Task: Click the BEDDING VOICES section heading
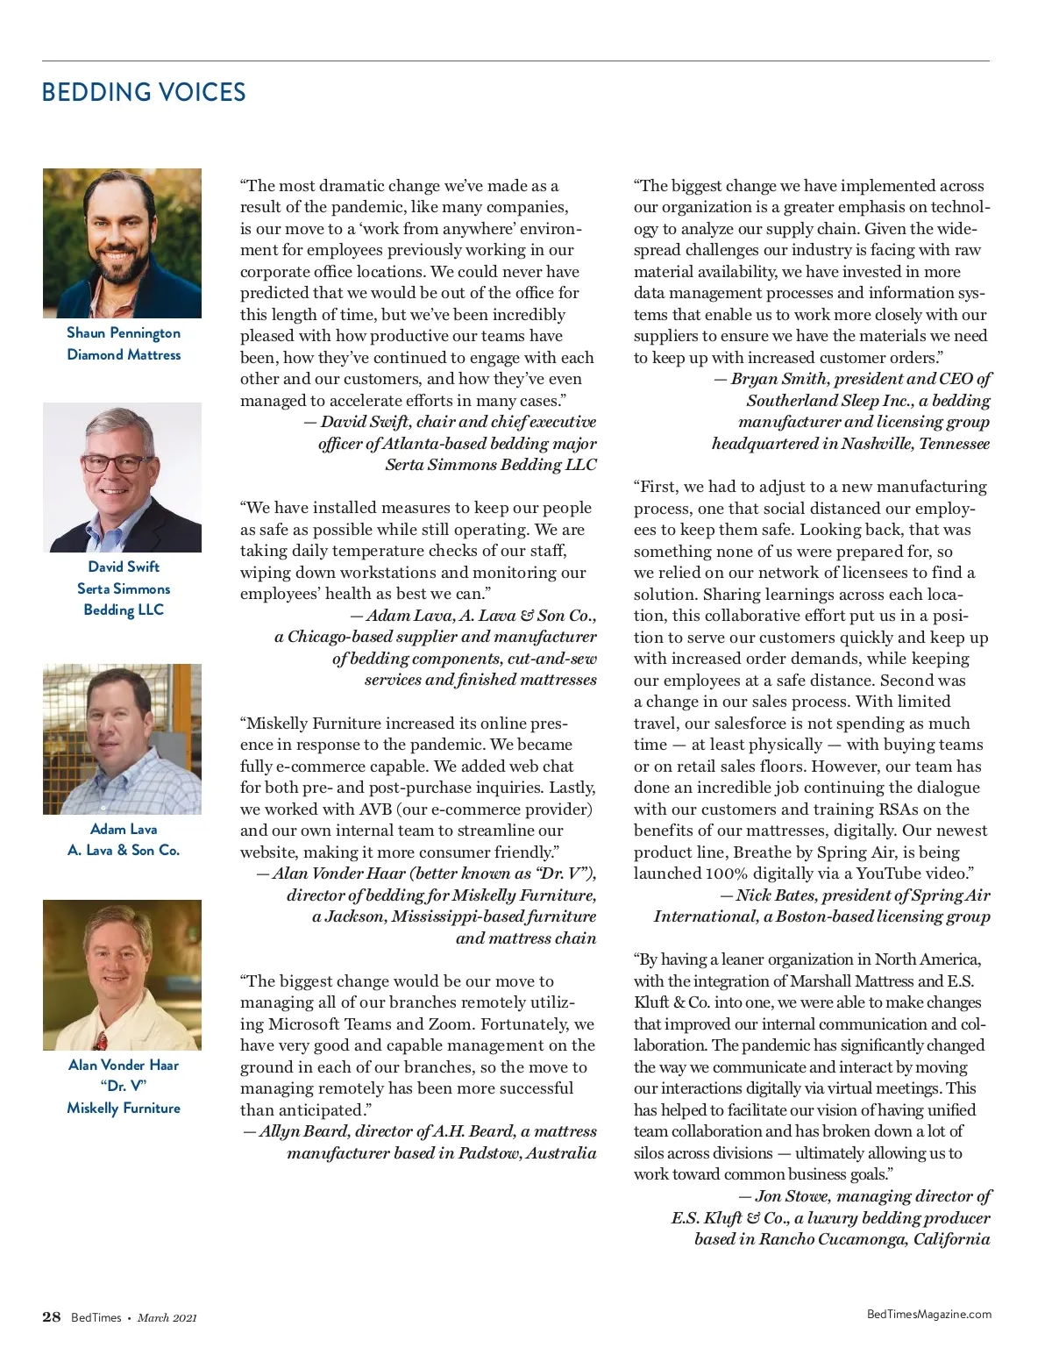tap(144, 92)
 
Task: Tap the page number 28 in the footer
tap(52, 1316)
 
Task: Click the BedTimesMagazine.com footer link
tap(928, 1314)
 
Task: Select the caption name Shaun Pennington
tap(124, 332)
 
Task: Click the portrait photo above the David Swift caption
tap(122, 477)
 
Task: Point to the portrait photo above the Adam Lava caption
tap(122, 738)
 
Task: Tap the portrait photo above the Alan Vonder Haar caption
tap(122, 974)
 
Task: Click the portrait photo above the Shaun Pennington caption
tap(122, 243)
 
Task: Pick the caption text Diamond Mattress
tap(124, 354)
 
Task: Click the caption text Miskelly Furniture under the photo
tap(124, 1108)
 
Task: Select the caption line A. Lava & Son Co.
tap(124, 850)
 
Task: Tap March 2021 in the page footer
tap(167, 1317)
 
